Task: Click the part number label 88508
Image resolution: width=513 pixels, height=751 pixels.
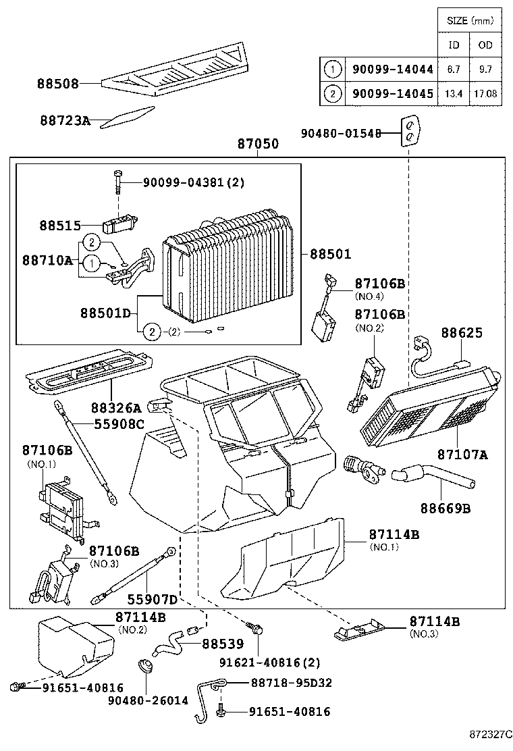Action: (x=58, y=84)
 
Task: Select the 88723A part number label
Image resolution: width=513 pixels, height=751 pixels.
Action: (x=65, y=121)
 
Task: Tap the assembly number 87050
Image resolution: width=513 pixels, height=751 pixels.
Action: (x=258, y=145)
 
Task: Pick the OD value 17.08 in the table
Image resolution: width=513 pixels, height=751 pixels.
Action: (x=486, y=94)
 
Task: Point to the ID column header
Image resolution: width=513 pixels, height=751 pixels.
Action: (x=454, y=45)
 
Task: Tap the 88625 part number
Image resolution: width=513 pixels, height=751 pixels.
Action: (x=462, y=333)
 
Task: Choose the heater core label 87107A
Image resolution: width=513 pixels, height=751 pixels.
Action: (x=462, y=455)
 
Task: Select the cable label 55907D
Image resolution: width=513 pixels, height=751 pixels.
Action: (x=152, y=600)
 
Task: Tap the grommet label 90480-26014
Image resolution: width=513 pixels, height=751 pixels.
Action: (x=148, y=700)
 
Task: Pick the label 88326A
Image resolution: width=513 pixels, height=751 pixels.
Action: (x=116, y=407)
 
